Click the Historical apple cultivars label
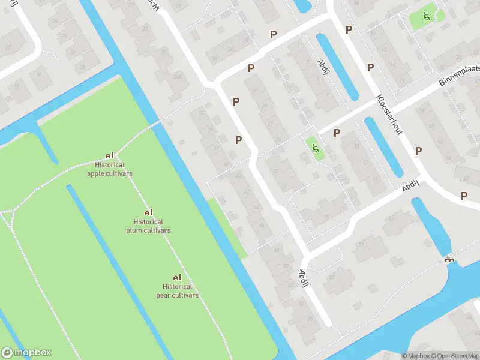click(110, 169)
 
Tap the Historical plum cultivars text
click(148, 226)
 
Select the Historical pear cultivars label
click(177, 291)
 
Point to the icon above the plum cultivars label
click(148, 212)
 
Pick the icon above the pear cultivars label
click(177, 277)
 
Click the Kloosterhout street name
click(389, 113)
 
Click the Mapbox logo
click(26, 353)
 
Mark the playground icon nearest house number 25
click(314, 147)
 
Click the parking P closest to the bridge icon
click(464, 196)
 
